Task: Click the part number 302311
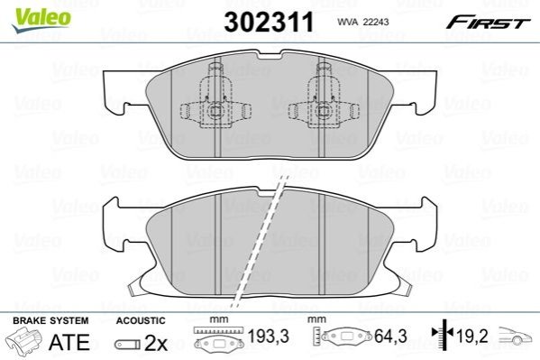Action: point(269,22)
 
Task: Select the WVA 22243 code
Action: point(363,22)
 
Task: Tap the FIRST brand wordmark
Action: point(488,23)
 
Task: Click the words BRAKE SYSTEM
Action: point(50,320)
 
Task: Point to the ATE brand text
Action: point(69,342)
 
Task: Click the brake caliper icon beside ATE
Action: point(24,340)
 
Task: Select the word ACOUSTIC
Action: point(141,320)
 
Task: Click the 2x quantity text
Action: point(156,343)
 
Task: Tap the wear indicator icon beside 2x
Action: point(127,344)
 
